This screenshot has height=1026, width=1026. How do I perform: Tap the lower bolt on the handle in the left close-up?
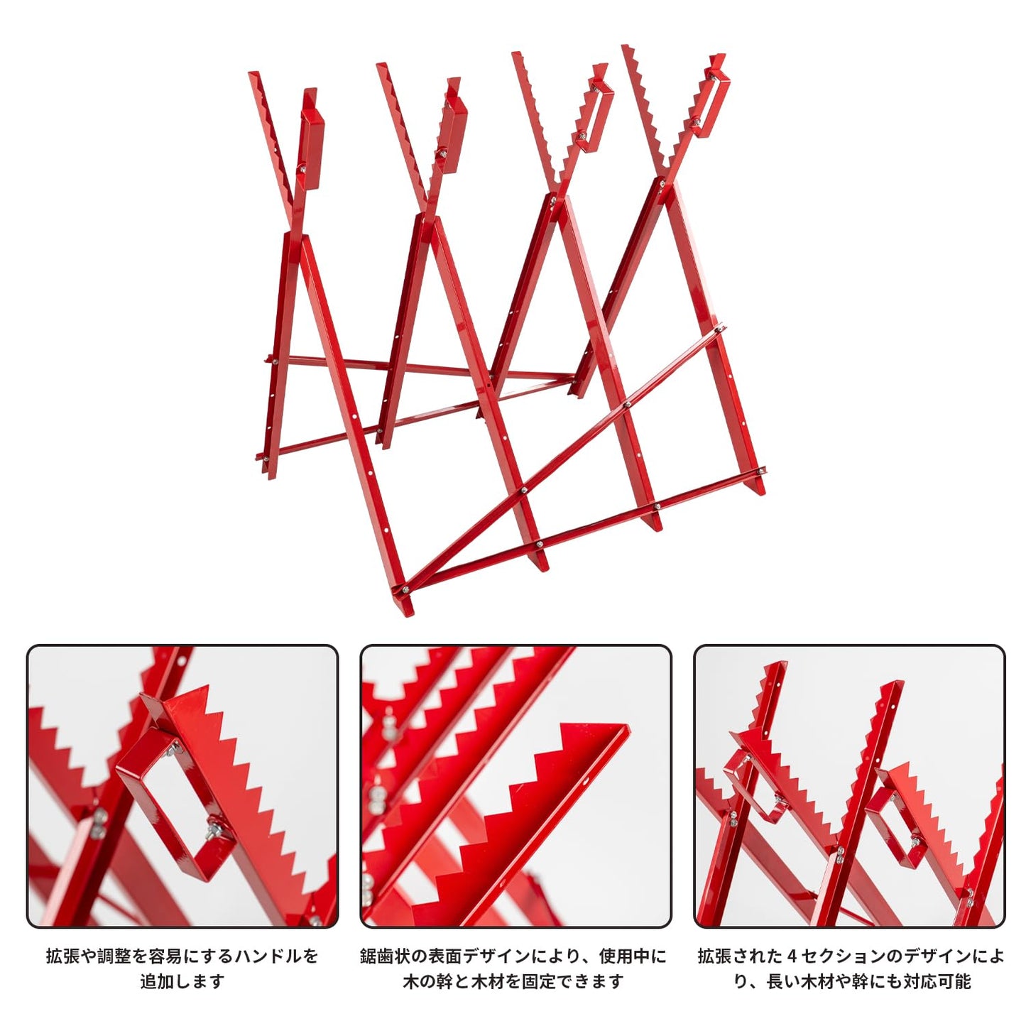[x=217, y=841]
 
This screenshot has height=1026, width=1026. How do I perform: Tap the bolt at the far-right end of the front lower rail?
[x=763, y=470]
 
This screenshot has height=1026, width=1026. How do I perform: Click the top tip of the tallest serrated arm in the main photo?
[x=627, y=45]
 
